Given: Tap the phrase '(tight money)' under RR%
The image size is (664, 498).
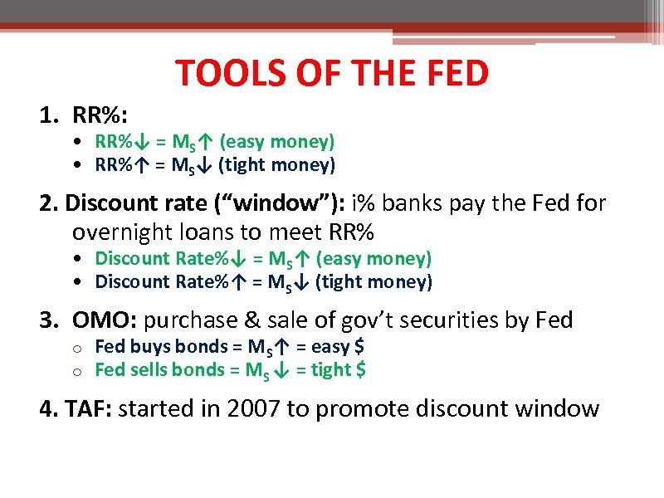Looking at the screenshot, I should (x=277, y=165).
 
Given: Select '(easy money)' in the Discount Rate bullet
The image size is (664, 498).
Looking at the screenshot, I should (x=374, y=258).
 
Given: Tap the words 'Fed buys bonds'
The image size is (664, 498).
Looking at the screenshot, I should (x=149, y=346).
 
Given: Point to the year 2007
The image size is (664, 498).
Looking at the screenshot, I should (x=252, y=408).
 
